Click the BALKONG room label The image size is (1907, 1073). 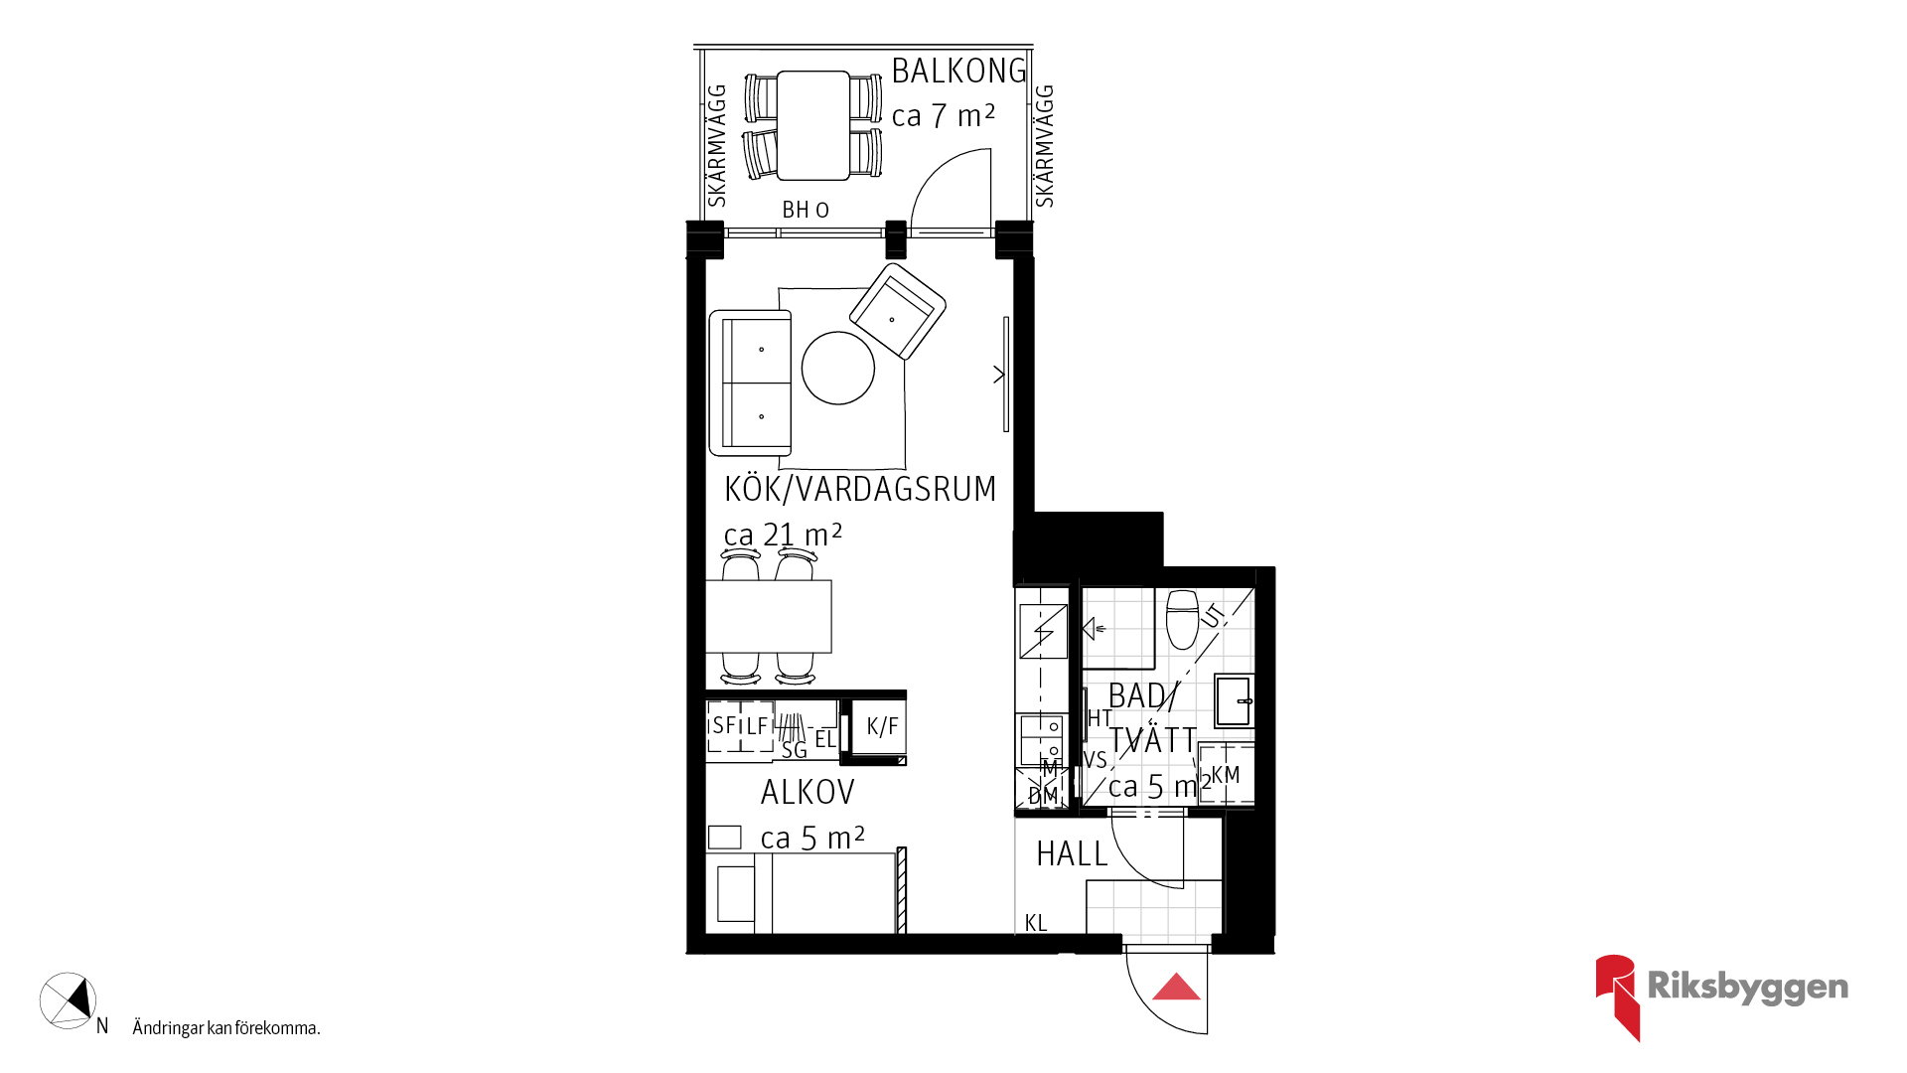pos(958,72)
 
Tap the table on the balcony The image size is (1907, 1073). pos(813,125)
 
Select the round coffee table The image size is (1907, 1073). pos(838,368)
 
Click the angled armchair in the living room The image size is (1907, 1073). pos(898,310)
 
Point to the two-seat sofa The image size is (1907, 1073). pos(750,383)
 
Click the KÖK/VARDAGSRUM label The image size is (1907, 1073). pos(860,489)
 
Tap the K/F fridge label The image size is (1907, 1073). pos(882,726)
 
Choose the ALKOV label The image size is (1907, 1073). pos(807,792)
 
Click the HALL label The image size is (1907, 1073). pos(1072,853)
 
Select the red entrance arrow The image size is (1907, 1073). pos(1177,987)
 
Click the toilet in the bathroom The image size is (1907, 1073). pos(1183,619)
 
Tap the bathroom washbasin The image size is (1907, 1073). pos(1234,700)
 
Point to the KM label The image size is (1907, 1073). pos(1226,775)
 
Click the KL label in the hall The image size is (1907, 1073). pos(1036,923)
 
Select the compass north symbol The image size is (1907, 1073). pos(68,1000)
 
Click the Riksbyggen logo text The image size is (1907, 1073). pos(1748,987)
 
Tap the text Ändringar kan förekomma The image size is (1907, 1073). pos(226,1028)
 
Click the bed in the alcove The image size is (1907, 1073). pos(806,893)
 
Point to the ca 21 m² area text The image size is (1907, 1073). pos(783,535)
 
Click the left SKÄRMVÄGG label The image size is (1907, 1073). pos(716,145)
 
